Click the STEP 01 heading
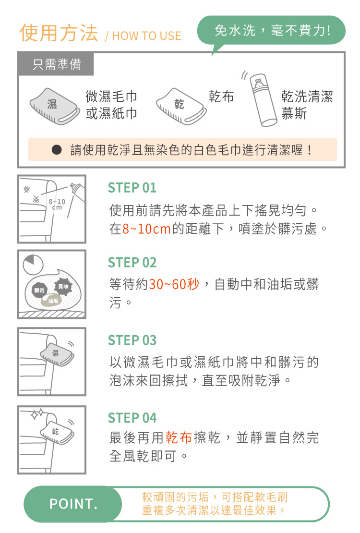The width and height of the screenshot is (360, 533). pyautogui.click(x=132, y=188)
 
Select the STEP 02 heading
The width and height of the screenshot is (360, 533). pyautogui.click(x=132, y=263)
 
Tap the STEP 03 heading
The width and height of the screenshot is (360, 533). pyautogui.click(x=132, y=340)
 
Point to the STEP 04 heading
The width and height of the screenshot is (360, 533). pyautogui.click(x=132, y=418)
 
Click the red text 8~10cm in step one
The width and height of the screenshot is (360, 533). pyautogui.click(x=146, y=229)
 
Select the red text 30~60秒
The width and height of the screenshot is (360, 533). pyautogui.click(x=174, y=284)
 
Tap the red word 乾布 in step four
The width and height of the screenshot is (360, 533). pyautogui.click(x=179, y=437)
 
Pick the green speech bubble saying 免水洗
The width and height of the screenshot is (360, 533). pyautogui.click(x=271, y=31)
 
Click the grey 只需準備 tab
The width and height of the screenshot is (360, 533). pyautogui.click(x=57, y=64)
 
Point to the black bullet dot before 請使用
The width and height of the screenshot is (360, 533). pyautogui.click(x=57, y=149)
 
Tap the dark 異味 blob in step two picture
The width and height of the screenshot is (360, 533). pyautogui.click(x=63, y=287)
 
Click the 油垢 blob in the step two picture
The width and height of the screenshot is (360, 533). pyautogui.click(x=52, y=301)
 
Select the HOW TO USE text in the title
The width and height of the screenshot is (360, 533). pyautogui.click(x=146, y=36)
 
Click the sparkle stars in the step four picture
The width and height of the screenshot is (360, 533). pyautogui.click(x=37, y=414)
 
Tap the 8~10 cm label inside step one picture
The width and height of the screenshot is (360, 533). pyautogui.click(x=57, y=204)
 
